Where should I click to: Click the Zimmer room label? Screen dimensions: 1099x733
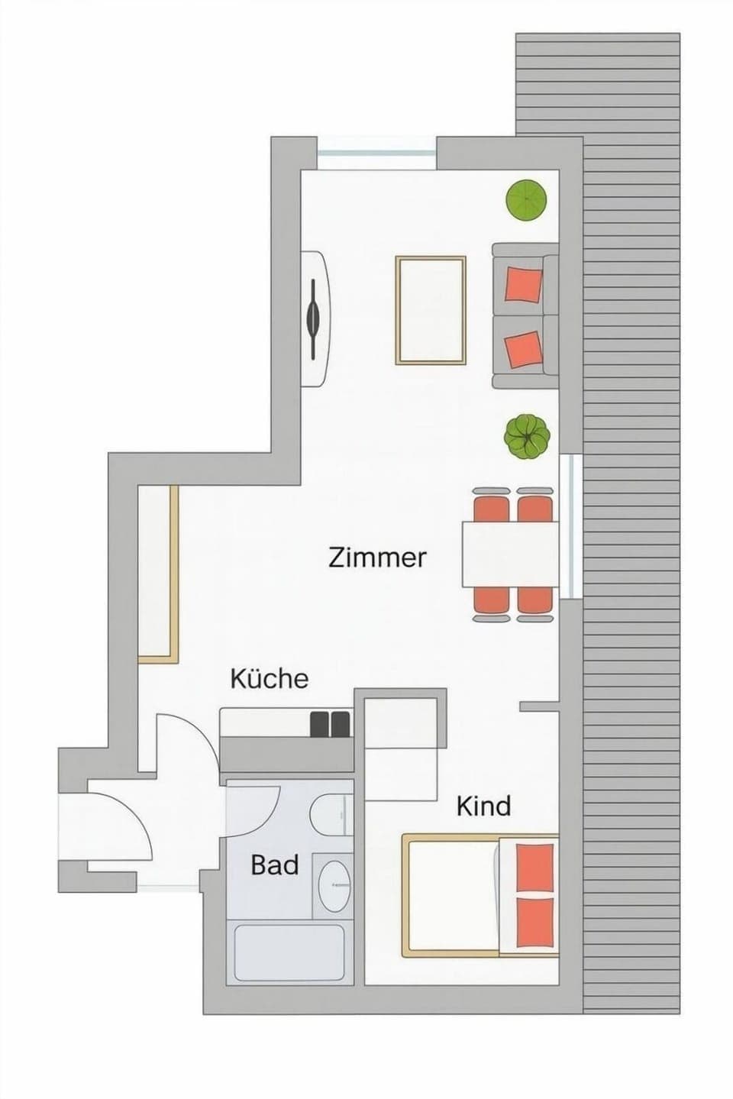coord(377,557)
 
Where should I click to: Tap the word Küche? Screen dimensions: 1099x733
coord(269,678)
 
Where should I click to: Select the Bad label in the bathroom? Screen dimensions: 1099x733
coord(274,865)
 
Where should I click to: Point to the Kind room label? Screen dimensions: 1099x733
coord(483,806)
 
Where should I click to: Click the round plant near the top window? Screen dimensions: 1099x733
coord(526,200)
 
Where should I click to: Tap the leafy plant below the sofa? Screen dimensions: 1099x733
coord(527,436)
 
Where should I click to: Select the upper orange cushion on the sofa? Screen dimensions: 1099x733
coord(525,284)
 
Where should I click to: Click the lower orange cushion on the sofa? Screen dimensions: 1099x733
coord(525,349)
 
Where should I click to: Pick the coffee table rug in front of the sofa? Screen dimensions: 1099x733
coord(431,310)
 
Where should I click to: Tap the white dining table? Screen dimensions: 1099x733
coord(509,554)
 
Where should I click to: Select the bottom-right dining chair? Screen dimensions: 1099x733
coord(534,602)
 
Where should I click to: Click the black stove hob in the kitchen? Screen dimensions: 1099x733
coord(331,723)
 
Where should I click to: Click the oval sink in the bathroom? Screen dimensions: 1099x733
coord(334,885)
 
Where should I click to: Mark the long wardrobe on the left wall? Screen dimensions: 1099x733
coord(158,573)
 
